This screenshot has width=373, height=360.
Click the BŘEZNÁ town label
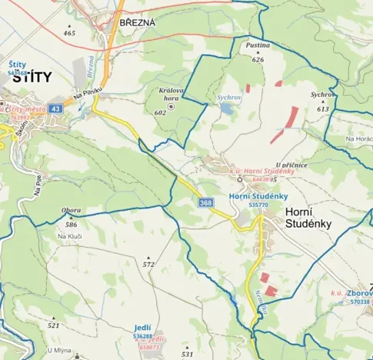coord(138,23)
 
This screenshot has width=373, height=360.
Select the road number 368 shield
coord(205,202)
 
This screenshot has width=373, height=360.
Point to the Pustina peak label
coord(258,46)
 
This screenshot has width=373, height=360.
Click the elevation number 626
coord(258,59)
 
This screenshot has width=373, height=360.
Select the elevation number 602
coord(160,112)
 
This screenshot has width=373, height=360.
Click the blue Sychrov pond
coord(227,109)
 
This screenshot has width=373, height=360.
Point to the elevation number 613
coord(322,109)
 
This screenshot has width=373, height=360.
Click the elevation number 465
coord(70,33)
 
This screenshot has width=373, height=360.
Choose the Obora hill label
coord(71,210)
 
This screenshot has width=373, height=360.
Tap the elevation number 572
coord(148,264)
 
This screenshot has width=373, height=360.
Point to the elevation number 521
coord(53,325)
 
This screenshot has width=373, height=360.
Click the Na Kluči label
coord(70,235)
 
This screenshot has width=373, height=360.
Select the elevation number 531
coord(187,354)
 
